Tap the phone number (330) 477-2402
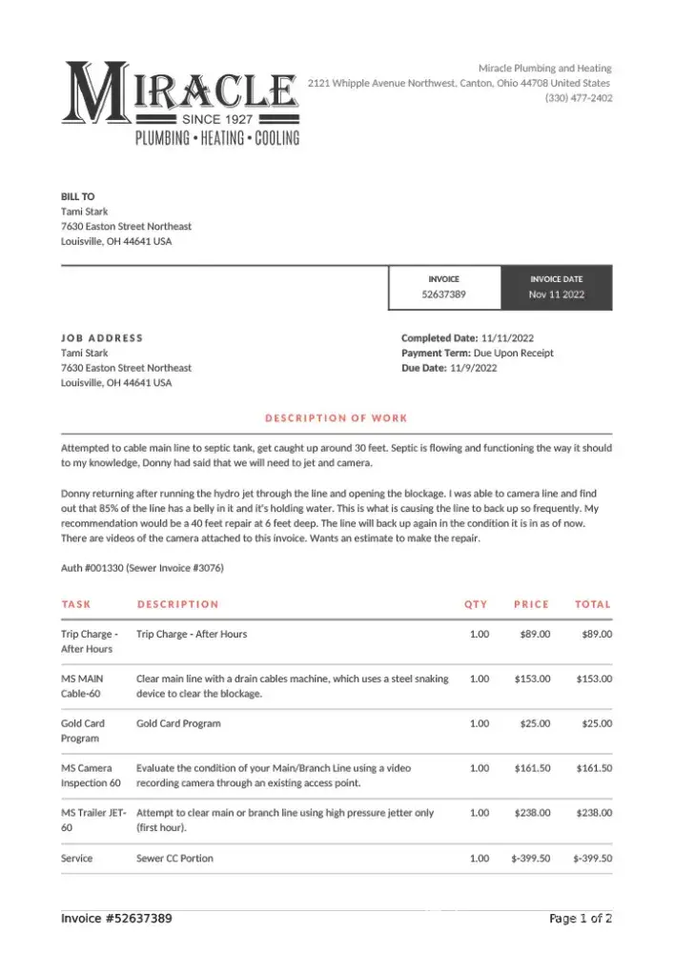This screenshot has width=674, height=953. [579, 98]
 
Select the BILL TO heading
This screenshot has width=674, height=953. [77, 196]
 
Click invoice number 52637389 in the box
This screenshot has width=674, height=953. [443, 295]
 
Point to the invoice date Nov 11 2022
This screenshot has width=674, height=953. [557, 295]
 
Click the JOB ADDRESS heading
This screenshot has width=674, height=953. [102, 337]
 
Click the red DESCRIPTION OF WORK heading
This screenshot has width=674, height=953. [336, 417]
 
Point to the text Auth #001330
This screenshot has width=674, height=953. [92, 568]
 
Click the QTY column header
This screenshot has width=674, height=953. [476, 604]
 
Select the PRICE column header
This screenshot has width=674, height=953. [531, 604]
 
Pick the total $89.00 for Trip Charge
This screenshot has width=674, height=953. [596, 634]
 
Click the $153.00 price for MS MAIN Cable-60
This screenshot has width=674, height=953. [532, 679]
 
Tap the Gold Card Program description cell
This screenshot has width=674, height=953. [178, 723]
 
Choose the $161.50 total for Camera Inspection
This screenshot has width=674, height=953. [594, 768]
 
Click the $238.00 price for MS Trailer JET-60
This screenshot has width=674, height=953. [532, 813]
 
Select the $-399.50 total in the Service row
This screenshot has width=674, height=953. [592, 859]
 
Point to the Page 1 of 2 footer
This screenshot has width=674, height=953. [580, 919]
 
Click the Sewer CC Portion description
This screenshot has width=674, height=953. [174, 859]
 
